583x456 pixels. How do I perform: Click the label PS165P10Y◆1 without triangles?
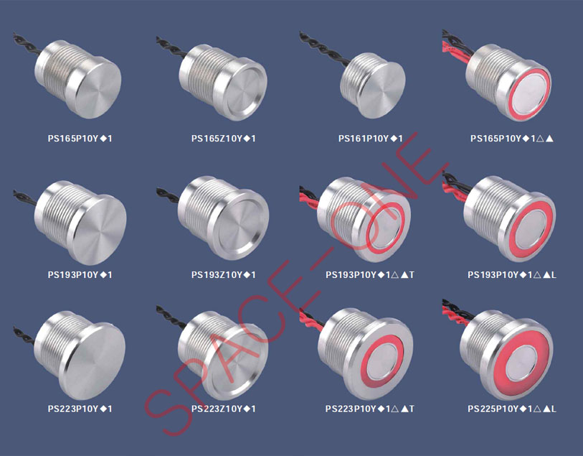(80, 139)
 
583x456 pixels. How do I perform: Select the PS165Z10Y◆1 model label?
(224, 139)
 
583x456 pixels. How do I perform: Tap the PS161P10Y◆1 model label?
(370, 139)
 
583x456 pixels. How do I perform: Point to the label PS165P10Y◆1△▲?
(512, 139)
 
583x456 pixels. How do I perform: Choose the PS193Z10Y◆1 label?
(224, 275)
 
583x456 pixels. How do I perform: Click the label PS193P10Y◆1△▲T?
(370, 275)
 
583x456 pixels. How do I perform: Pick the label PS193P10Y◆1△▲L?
(512, 275)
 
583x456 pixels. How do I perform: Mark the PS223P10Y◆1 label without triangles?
(80, 409)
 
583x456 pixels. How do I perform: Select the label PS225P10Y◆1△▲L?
(512, 409)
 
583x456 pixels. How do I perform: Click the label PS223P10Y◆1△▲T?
(370, 409)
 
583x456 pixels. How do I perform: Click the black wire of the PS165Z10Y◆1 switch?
(170, 47)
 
